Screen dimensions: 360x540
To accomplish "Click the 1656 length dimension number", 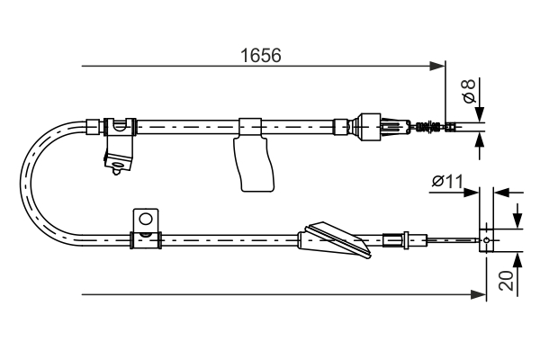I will point(261,55).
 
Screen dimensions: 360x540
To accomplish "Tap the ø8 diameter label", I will point(468,91).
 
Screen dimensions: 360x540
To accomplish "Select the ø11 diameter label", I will point(446,182).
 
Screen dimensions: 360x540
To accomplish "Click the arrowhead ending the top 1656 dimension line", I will point(440,66).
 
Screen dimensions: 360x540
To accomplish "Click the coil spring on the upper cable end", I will point(430,126).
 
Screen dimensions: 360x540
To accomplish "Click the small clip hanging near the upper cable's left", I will point(117,152).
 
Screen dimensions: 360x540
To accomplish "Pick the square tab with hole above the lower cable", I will point(144,220).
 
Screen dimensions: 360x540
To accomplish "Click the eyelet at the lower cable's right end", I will point(487,240).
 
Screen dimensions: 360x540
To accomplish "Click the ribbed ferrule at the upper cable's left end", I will point(93,125).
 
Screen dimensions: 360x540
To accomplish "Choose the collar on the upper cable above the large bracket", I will point(250,125).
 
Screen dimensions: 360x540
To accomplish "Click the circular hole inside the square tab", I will point(144,219).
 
